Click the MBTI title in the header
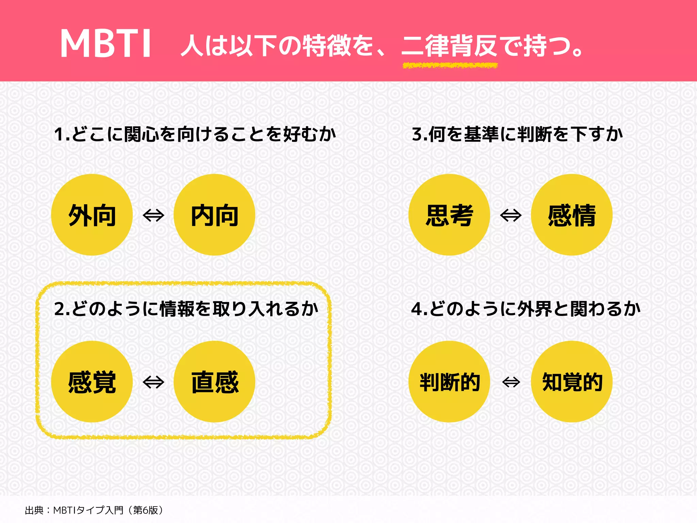tap(106, 44)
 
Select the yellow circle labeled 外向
tap(92, 215)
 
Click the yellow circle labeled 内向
tap(214, 215)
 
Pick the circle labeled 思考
tap(449, 215)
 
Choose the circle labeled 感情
tap(572, 215)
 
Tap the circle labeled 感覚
tap(92, 382)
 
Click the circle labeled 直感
tap(214, 382)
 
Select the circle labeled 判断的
tap(449, 382)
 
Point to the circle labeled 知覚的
tap(572, 382)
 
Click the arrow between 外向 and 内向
tap(153, 215)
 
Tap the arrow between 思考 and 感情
tap(511, 215)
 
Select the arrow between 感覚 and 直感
tap(153, 382)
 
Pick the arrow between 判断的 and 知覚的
tap(511, 382)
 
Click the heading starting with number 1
tap(195, 134)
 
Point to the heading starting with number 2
tap(187, 309)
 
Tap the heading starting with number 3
tap(517, 134)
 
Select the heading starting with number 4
tap(526, 309)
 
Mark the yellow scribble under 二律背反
tap(450, 65)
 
